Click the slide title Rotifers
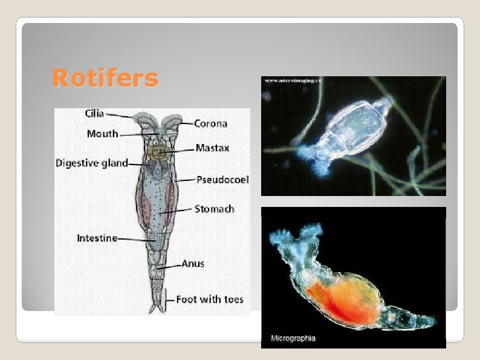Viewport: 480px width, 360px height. pyautogui.click(x=105, y=79)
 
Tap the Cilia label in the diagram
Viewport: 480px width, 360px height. pyautogui.click(x=94, y=114)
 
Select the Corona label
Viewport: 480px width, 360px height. pyautogui.click(x=210, y=123)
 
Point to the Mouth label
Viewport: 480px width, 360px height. pyautogui.click(x=102, y=134)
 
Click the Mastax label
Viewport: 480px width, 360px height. pyautogui.click(x=212, y=148)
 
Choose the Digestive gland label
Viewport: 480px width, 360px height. pyautogui.click(x=92, y=163)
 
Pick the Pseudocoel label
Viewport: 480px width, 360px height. pyautogui.click(x=222, y=180)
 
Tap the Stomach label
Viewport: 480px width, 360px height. pyautogui.click(x=214, y=209)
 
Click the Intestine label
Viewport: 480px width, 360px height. pyautogui.click(x=97, y=238)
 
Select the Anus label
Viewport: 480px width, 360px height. pyautogui.click(x=193, y=263)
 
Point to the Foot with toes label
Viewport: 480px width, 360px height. pyautogui.click(x=209, y=299)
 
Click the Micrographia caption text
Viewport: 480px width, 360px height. pyautogui.click(x=293, y=338)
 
